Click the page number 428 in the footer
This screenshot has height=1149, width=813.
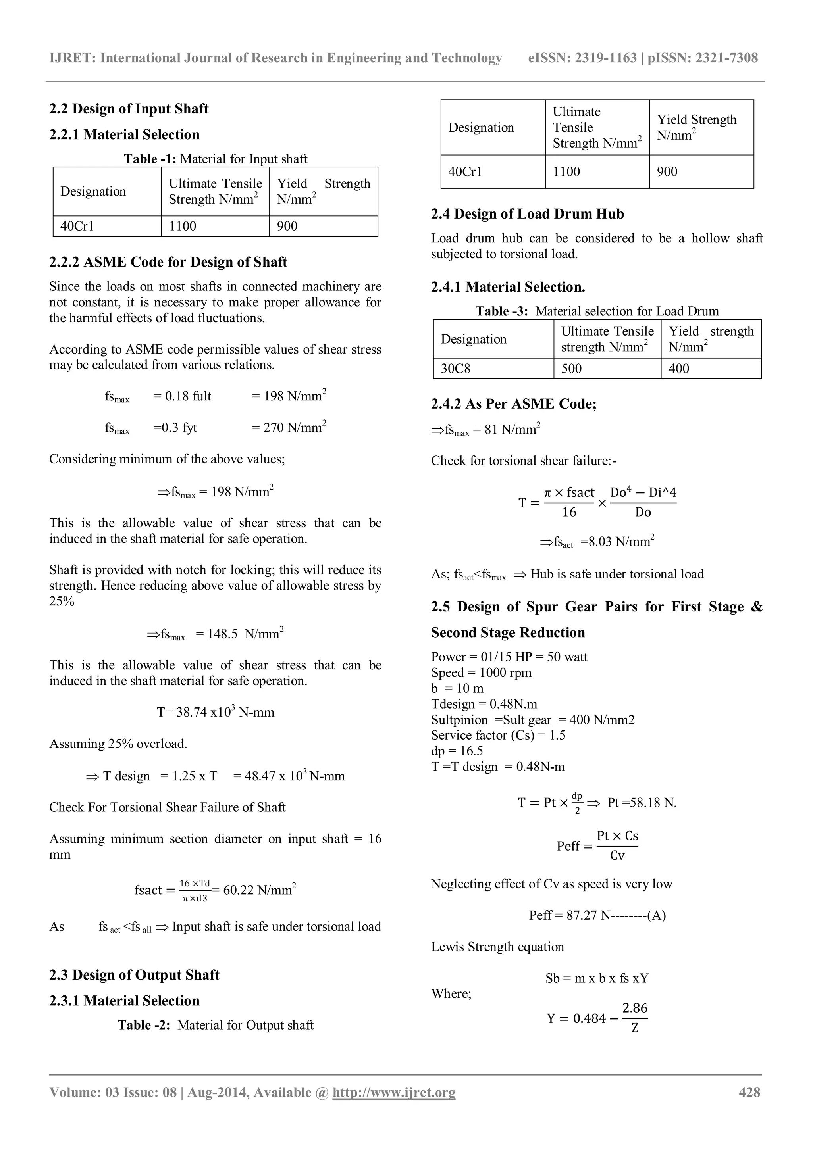point(749,1092)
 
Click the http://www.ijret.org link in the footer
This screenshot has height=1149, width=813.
point(393,1092)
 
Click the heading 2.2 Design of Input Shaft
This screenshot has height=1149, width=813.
point(129,109)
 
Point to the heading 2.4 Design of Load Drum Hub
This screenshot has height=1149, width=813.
point(527,214)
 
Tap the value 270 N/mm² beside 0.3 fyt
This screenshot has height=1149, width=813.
point(289,427)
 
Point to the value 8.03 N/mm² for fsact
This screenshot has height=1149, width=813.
point(617,542)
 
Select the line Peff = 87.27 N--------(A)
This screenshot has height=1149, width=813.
point(597,915)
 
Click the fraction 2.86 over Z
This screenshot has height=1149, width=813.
point(635,1018)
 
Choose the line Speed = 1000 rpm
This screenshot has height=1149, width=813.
point(481,672)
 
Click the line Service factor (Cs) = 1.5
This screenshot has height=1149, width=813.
point(498,735)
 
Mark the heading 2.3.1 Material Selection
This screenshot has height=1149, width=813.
point(124,1000)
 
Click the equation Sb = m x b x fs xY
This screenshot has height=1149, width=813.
point(597,978)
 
